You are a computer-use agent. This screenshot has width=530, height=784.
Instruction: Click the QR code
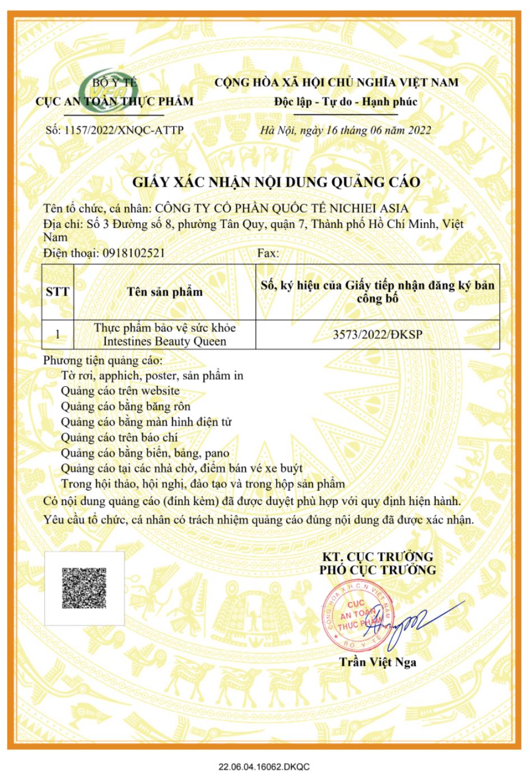tap(84, 588)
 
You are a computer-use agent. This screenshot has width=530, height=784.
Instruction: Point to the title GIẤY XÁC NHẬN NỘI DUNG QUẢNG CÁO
tap(276, 183)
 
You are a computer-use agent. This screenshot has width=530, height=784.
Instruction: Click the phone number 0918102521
tap(133, 253)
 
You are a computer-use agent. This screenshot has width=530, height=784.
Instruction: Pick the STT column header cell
tap(58, 292)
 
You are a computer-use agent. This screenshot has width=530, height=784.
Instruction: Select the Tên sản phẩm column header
tap(165, 292)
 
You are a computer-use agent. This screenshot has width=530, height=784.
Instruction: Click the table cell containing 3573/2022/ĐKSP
tap(378, 335)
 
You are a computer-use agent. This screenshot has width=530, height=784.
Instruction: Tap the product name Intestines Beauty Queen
tap(165, 342)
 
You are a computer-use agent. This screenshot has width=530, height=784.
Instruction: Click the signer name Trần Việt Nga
tap(378, 662)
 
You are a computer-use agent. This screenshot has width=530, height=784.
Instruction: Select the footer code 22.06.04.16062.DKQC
tap(264, 767)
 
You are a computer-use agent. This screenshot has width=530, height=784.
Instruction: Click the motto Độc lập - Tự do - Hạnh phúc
tap(346, 102)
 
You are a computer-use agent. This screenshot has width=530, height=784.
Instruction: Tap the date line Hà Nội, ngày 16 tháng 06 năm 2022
tap(346, 130)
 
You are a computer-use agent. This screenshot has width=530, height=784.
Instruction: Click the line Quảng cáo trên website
tap(120, 391)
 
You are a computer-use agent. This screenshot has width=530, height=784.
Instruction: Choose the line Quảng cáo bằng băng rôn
tap(125, 407)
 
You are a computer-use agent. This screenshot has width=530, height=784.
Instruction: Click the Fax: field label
tap(268, 253)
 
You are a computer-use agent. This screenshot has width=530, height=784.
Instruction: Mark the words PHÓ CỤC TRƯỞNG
tap(378, 571)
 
